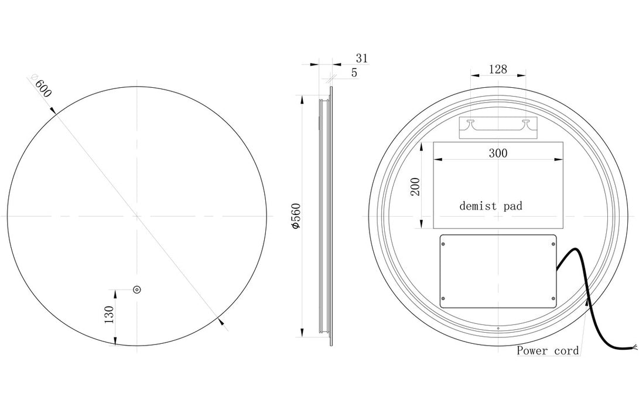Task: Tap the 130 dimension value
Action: pos(109,315)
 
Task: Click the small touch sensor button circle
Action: pos(137,289)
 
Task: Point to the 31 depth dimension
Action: pos(361,58)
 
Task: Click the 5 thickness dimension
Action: pos(354,73)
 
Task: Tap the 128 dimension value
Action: pos(497,69)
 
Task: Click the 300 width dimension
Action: pos(498,153)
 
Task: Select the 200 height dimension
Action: pos(415,186)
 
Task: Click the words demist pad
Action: pos(490,206)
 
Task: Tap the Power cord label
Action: pos(548,351)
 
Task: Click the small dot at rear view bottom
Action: pos(498,329)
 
